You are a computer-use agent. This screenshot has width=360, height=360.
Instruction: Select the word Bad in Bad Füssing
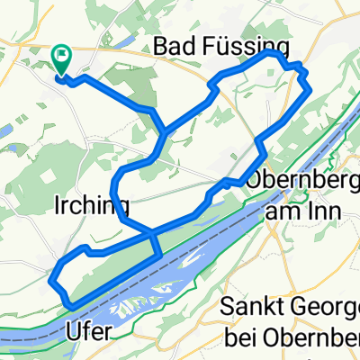[175, 45]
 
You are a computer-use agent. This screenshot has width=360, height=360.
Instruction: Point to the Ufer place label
[91, 331]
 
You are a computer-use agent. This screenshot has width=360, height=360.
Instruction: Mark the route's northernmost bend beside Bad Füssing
[268, 54]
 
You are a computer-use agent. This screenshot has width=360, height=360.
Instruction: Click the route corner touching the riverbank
[159, 256]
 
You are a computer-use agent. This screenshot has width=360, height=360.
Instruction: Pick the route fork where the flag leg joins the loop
[163, 135]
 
